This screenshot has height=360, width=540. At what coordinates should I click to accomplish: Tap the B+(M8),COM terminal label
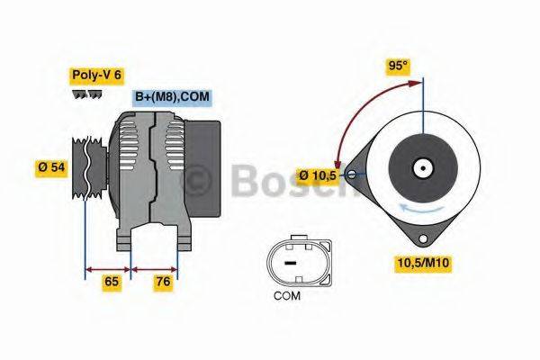[x=173, y=97]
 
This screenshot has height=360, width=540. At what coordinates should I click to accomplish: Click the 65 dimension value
[x=112, y=282]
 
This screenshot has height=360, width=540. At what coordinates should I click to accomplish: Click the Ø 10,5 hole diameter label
[x=318, y=175]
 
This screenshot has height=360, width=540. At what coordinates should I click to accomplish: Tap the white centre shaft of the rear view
[x=420, y=167]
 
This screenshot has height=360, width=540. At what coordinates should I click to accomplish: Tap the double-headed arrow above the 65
[x=108, y=267]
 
